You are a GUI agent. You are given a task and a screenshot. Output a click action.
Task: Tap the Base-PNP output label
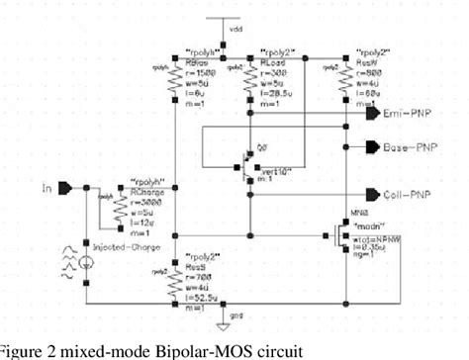(x=409, y=146)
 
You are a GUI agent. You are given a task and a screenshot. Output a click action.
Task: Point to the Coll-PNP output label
(x=407, y=195)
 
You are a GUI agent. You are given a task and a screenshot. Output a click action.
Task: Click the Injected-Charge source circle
(x=86, y=262)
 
